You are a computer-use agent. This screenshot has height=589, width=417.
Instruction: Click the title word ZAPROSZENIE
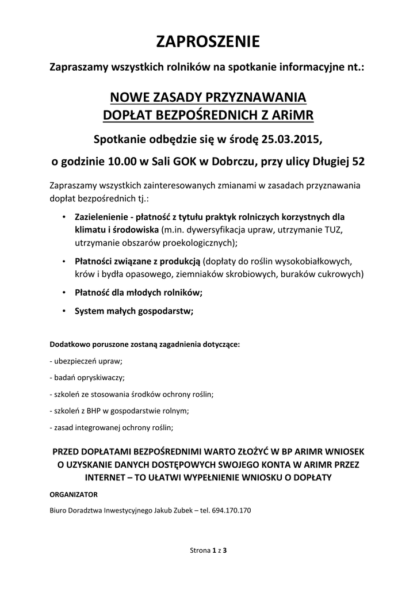208,42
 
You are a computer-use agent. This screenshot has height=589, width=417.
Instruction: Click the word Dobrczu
234,162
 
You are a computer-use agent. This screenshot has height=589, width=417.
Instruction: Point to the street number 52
358,162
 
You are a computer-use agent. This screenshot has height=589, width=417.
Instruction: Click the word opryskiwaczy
98,378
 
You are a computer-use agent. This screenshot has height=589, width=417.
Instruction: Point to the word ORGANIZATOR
74,494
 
